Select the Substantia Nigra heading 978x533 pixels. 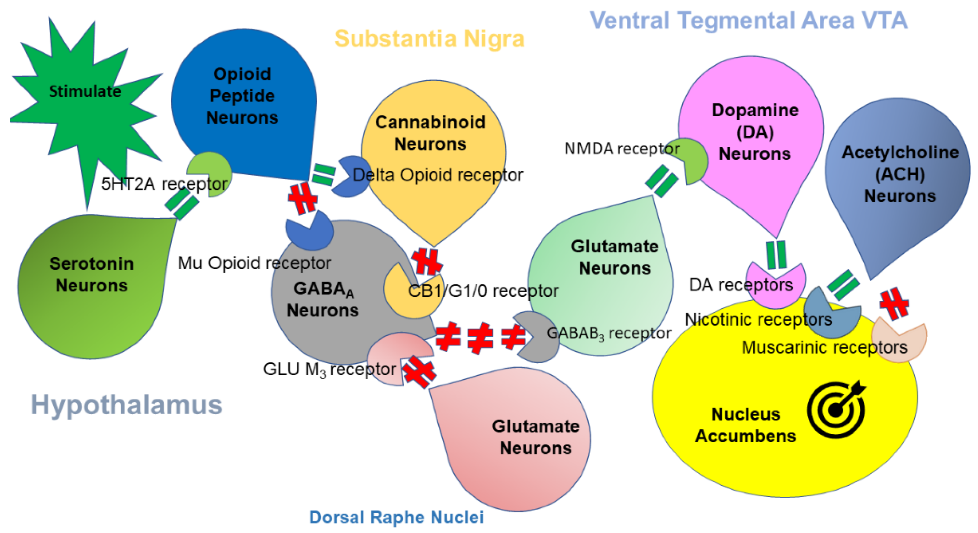(x=429, y=39)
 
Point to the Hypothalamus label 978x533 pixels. (x=126, y=404)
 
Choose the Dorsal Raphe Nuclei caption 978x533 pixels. (x=396, y=517)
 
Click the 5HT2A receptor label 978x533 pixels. (x=164, y=184)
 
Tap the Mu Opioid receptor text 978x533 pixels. (x=254, y=263)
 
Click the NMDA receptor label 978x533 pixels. (x=621, y=149)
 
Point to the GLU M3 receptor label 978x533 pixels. (x=329, y=369)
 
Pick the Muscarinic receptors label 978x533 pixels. (x=824, y=347)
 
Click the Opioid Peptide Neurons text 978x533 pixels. (x=242, y=96)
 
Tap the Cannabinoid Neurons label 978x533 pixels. (x=430, y=133)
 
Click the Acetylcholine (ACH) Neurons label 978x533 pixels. (x=900, y=174)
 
